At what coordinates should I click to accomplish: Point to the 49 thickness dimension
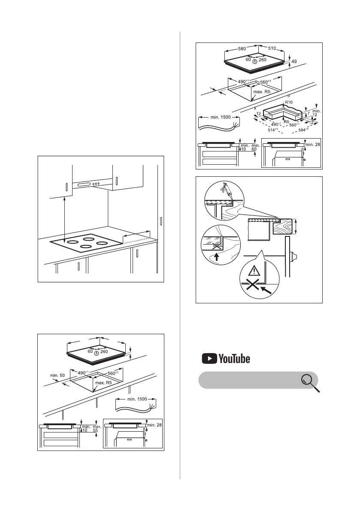click(294, 62)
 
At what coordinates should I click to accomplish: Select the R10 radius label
click(289, 103)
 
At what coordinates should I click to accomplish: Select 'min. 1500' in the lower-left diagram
click(136, 399)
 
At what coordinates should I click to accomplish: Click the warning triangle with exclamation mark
click(257, 270)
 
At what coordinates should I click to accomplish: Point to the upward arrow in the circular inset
click(216, 257)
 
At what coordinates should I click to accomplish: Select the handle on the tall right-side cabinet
click(161, 221)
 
